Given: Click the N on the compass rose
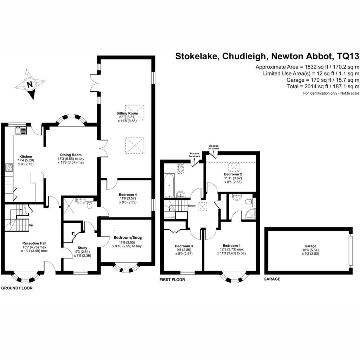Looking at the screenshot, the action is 30,84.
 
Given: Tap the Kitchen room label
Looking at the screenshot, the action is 26,156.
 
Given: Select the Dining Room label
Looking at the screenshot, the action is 71,155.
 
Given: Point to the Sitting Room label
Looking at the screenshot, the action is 127,113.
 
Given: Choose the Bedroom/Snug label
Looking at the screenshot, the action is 128,238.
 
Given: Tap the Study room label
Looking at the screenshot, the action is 82,248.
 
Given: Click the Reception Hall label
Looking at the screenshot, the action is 34,243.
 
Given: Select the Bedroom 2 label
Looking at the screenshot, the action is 233,174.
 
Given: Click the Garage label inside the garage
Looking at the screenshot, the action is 310,246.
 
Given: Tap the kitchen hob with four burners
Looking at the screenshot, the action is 9,167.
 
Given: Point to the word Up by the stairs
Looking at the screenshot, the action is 31,225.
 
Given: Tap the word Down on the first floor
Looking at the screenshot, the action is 192,206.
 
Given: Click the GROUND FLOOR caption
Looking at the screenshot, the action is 17,288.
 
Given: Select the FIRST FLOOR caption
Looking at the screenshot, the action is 172,279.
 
